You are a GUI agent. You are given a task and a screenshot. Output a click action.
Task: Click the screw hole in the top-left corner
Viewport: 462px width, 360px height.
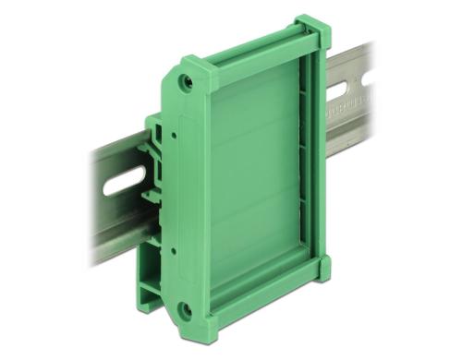point(187,81)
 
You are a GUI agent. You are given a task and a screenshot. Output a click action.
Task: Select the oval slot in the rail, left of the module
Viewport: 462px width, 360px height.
point(125,181)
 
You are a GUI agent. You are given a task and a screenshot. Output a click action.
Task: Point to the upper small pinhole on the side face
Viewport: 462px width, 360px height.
point(173,135)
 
